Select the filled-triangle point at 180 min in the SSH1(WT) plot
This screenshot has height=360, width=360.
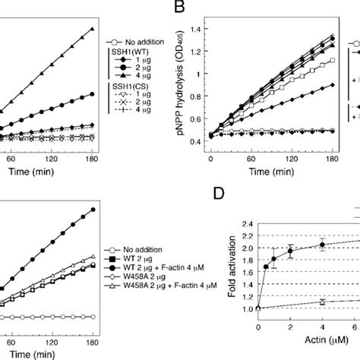(92, 29)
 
